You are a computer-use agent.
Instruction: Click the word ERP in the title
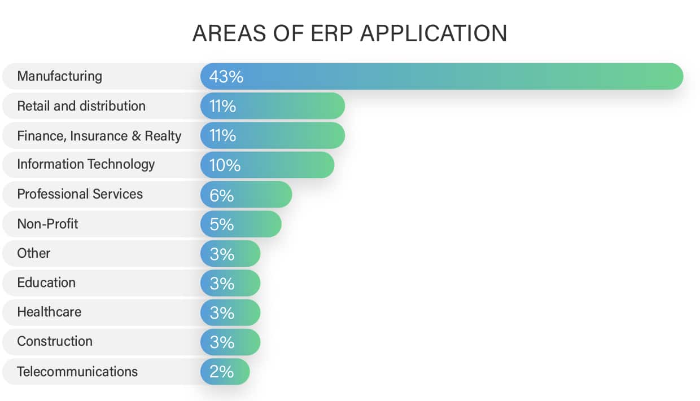click(x=329, y=34)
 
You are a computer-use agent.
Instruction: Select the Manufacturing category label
click(x=59, y=76)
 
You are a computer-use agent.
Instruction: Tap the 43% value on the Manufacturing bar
click(x=226, y=77)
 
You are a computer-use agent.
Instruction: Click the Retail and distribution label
click(x=81, y=106)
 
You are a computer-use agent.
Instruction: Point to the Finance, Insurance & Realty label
click(x=99, y=136)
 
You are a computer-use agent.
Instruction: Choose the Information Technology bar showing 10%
click(x=268, y=165)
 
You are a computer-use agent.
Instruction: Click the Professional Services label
click(x=80, y=194)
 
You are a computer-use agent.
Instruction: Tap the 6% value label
click(x=221, y=195)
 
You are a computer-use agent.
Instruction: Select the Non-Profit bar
click(x=241, y=224)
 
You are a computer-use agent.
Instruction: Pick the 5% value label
click(x=221, y=224)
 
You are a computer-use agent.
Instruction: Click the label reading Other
click(x=33, y=253)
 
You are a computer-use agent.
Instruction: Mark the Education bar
click(x=230, y=283)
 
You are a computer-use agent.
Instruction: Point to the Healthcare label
click(x=49, y=312)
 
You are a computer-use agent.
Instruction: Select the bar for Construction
click(x=230, y=342)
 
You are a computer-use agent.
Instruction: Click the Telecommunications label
click(x=77, y=372)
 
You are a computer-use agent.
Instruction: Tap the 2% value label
click(x=221, y=372)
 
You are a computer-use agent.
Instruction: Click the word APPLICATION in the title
click(x=434, y=34)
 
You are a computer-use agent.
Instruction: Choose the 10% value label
click(x=224, y=165)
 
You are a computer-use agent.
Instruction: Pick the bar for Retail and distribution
click(x=273, y=106)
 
